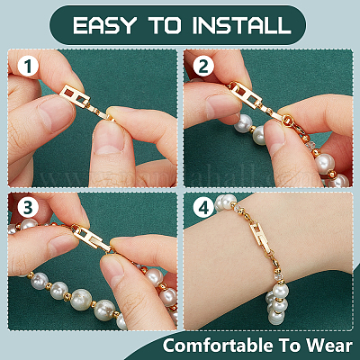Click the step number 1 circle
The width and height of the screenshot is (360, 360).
(x=28, y=67)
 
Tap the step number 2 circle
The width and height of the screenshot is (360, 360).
(x=203, y=67)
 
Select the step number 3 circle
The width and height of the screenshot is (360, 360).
(x=28, y=208)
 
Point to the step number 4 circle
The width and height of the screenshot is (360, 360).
(x=203, y=208)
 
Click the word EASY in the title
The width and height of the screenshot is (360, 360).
(x=104, y=25)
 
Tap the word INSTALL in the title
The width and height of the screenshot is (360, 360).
(x=241, y=25)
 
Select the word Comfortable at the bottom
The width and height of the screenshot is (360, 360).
(x=218, y=346)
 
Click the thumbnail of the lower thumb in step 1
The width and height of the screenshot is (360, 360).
(x=108, y=137)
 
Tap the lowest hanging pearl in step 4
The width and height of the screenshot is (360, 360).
(x=275, y=317)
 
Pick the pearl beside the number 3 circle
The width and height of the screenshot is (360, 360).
(x=29, y=224)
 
